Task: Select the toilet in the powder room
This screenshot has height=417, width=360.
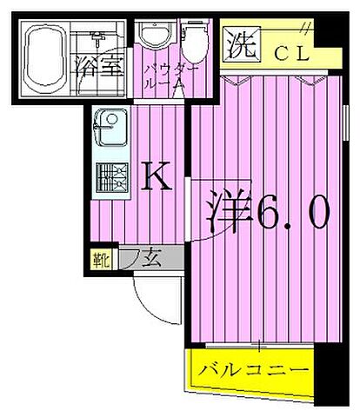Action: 193,39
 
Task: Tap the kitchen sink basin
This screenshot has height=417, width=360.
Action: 110,129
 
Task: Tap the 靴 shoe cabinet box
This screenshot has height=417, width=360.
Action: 101,258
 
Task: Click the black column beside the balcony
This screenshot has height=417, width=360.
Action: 323,374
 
